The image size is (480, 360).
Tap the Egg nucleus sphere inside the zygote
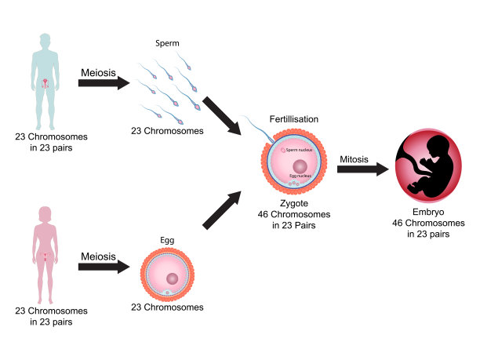(301, 167)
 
